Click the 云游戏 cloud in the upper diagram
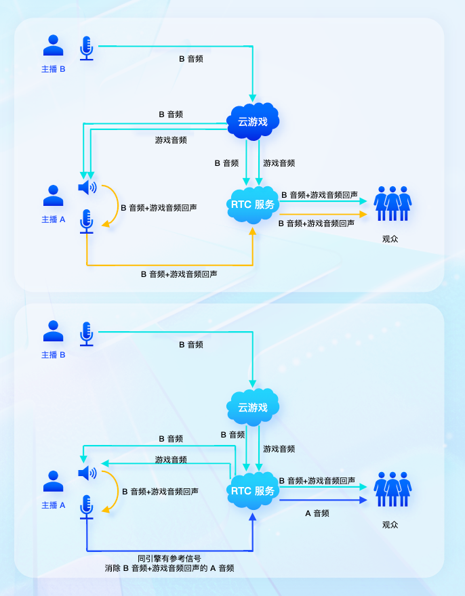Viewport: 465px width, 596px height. point(253,122)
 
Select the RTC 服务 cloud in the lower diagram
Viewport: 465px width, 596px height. point(253,491)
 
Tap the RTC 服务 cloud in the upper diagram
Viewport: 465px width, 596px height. point(253,205)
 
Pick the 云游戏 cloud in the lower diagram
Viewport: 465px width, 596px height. point(253,408)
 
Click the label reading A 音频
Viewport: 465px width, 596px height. point(317,513)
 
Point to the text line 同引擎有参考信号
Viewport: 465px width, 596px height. point(169,559)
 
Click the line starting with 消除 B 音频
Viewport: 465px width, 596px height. point(169,569)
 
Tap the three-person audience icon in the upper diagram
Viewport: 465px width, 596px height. point(393,203)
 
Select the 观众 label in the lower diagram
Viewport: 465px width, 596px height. point(390,524)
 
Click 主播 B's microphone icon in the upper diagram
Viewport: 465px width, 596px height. point(86,48)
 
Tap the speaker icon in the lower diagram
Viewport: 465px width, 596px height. point(87,473)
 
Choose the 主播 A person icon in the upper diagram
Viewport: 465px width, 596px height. point(54,196)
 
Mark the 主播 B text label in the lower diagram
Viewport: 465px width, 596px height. point(54,355)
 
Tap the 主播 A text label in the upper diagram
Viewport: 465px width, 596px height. point(54,219)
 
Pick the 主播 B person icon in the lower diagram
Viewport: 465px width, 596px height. point(54,332)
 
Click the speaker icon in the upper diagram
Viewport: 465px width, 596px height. point(87,188)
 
